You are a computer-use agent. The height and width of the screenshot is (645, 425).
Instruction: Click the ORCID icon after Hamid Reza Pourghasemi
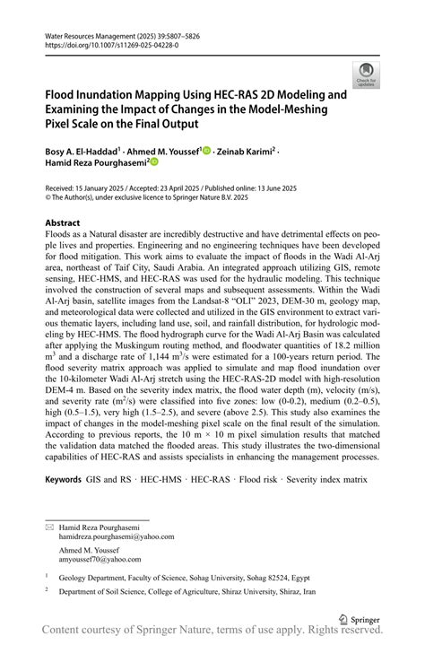(x=153, y=162)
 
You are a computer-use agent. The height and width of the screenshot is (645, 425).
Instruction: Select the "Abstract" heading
(x=62, y=222)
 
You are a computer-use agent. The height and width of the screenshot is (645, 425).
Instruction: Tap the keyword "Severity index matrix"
(x=326, y=480)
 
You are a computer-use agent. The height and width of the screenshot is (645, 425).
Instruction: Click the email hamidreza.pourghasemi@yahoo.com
(x=117, y=536)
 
